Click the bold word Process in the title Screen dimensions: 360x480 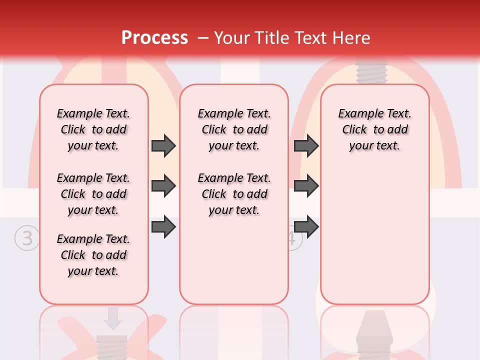pyautogui.click(x=154, y=38)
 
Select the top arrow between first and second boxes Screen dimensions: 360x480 pyautogui.click(x=163, y=146)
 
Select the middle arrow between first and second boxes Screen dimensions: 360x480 pyautogui.click(x=163, y=186)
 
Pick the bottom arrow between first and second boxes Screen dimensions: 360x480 pyautogui.click(x=163, y=227)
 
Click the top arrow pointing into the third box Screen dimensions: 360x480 pyautogui.click(x=306, y=146)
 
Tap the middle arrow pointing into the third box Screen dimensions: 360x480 pyautogui.click(x=306, y=186)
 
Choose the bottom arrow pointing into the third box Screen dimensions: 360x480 pyautogui.click(x=306, y=227)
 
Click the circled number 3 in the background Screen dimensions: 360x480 pyautogui.click(x=26, y=238)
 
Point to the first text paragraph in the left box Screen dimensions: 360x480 pyautogui.click(x=93, y=129)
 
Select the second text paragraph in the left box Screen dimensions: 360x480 pyautogui.click(x=93, y=194)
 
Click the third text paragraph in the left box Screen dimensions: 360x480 pyautogui.click(x=93, y=255)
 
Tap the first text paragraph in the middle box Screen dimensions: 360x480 pyautogui.click(x=234, y=129)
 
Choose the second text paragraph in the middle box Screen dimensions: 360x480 pyautogui.click(x=234, y=194)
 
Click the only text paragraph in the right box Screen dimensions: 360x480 pyautogui.click(x=374, y=129)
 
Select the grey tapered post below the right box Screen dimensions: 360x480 pyautogui.click(x=373, y=335)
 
